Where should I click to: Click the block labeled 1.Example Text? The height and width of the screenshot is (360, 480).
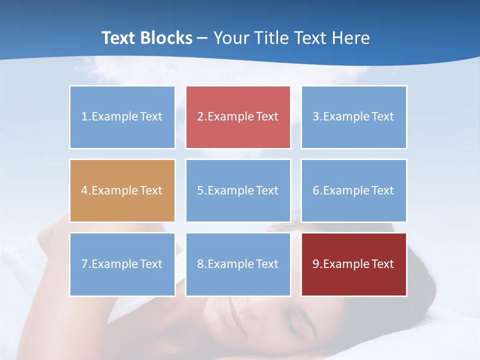[122, 117]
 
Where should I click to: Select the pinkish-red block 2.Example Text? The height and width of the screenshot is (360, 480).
[238, 117]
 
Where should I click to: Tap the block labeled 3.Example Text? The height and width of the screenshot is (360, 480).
[353, 117]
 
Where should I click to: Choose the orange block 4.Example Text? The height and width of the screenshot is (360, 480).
[122, 190]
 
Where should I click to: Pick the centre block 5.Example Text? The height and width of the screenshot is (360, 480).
[238, 190]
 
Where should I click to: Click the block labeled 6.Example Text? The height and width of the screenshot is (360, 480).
[353, 190]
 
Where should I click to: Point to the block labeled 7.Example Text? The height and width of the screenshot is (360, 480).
[122, 264]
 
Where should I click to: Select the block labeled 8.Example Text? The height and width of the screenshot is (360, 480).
[238, 264]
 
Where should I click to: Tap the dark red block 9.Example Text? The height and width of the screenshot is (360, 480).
[353, 264]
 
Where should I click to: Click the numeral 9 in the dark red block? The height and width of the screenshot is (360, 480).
[316, 264]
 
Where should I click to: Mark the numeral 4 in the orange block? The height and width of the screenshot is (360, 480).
[84, 190]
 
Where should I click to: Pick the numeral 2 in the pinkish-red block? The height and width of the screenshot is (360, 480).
[200, 117]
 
